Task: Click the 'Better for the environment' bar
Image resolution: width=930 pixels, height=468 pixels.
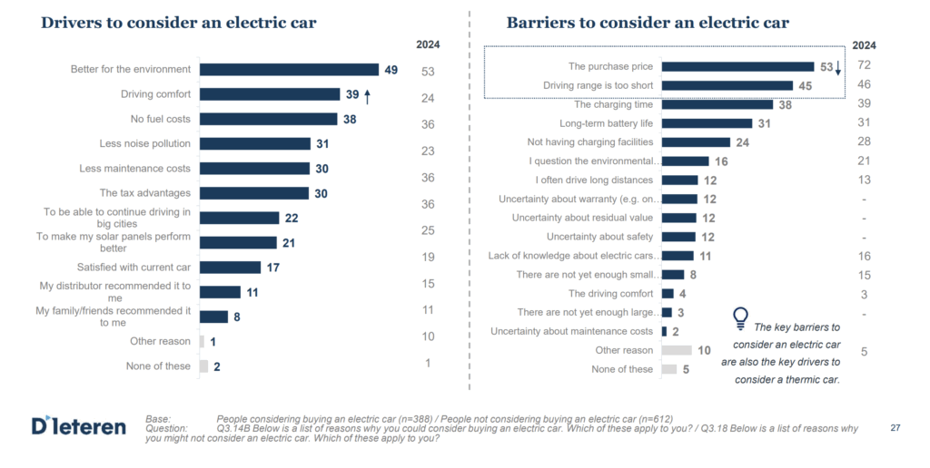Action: (x=289, y=69)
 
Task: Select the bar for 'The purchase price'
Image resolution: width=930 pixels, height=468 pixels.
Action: (x=737, y=66)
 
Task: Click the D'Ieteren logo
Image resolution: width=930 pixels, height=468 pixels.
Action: (x=78, y=425)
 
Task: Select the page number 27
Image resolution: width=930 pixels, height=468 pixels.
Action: (x=895, y=426)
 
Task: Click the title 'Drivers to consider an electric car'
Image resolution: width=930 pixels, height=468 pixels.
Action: (x=179, y=23)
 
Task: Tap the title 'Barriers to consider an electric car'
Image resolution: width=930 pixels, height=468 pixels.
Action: (x=648, y=23)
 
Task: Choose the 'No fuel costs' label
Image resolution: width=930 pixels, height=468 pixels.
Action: (x=161, y=119)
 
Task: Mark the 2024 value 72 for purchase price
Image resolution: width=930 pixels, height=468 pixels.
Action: (x=864, y=64)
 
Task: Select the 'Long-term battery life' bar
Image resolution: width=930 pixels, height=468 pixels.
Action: (x=707, y=123)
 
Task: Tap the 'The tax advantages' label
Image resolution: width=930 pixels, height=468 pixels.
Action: (x=145, y=192)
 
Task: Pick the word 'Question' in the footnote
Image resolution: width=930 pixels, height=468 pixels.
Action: (x=166, y=427)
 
